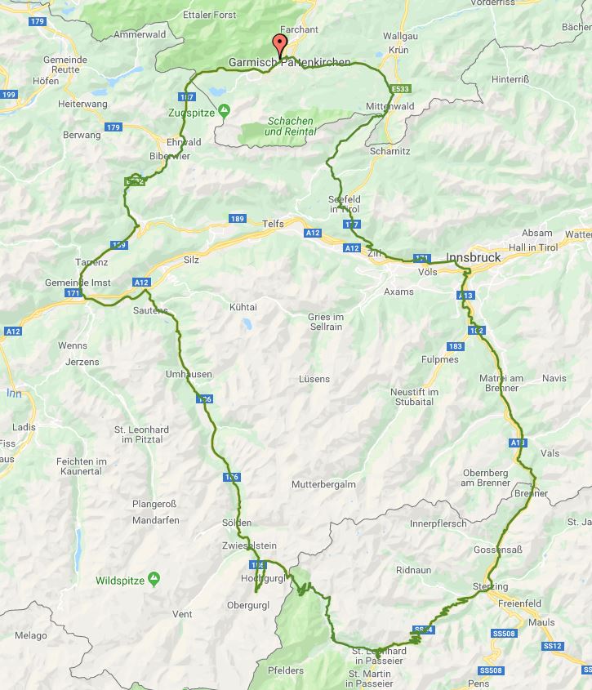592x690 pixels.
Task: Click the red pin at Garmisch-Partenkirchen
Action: click(x=280, y=45)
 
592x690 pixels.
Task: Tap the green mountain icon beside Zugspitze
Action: click(x=225, y=110)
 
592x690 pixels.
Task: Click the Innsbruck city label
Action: click(x=474, y=257)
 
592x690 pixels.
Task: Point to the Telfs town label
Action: click(x=273, y=224)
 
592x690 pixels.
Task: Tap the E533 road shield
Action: click(x=399, y=88)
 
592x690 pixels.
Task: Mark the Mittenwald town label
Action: click(x=390, y=107)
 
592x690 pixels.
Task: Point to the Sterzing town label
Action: click(x=490, y=587)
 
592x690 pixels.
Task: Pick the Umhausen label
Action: click(x=189, y=375)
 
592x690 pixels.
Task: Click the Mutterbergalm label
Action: click(x=323, y=484)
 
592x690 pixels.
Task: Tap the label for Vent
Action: click(x=182, y=614)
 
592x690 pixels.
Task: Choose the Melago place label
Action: click(x=31, y=635)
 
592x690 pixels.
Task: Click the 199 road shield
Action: click(x=9, y=96)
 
